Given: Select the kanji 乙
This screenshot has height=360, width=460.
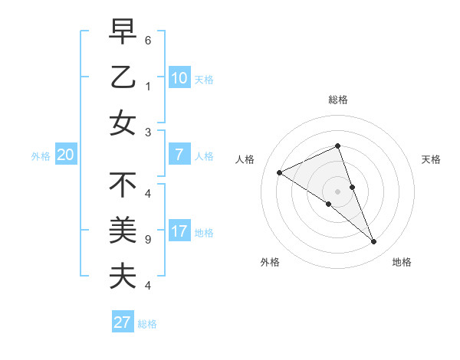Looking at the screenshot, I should (x=123, y=77).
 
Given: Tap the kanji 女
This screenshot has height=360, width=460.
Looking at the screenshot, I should (x=123, y=123).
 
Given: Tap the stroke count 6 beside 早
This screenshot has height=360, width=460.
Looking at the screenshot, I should (x=147, y=39).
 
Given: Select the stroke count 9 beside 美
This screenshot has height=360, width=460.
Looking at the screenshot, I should (x=147, y=239).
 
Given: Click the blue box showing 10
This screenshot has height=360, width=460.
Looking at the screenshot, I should (x=179, y=77).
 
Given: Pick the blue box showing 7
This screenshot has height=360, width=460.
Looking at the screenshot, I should (x=179, y=155).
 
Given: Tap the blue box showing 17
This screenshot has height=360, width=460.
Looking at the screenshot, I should (x=179, y=231).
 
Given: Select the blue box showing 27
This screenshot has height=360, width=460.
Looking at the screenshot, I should (x=122, y=322).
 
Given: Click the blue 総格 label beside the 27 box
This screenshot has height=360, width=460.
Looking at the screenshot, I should (x=147, y=324).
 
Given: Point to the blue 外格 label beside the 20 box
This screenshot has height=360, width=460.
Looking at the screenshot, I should (x=41, y=156).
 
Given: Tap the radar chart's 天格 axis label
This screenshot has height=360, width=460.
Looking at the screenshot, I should (x=432, y=159).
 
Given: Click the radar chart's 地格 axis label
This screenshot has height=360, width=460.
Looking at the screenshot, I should (x=402, y=262).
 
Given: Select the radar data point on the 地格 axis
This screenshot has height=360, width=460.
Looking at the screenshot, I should (x=374, y=242).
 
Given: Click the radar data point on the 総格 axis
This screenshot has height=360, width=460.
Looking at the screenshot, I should (x=337, y=146).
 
